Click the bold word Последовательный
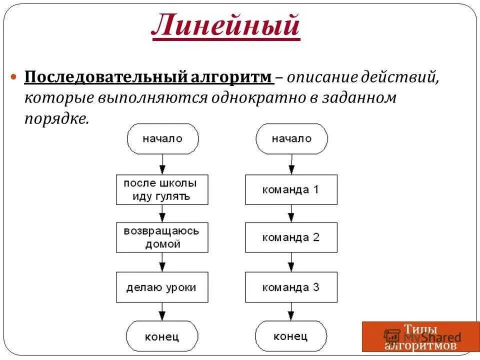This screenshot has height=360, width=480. click(x=106, y=77)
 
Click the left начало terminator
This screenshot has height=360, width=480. click(x=162, y=138)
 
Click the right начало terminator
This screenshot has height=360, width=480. click(x=291, y=138)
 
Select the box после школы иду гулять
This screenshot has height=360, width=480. click(x=162, y=189)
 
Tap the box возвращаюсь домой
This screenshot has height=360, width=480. click(x=162, y=238)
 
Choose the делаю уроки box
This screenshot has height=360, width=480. click(x=162, y=287)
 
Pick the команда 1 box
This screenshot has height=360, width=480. click(x=291, y=189)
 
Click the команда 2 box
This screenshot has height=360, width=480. click(x=291, y=238)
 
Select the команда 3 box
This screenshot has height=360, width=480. click(x=291, y=287)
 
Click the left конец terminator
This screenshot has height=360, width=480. click(x=162, y=336)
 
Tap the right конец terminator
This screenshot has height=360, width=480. click(x=291, y=336)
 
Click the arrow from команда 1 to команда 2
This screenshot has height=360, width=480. click(x=291, y=213)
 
